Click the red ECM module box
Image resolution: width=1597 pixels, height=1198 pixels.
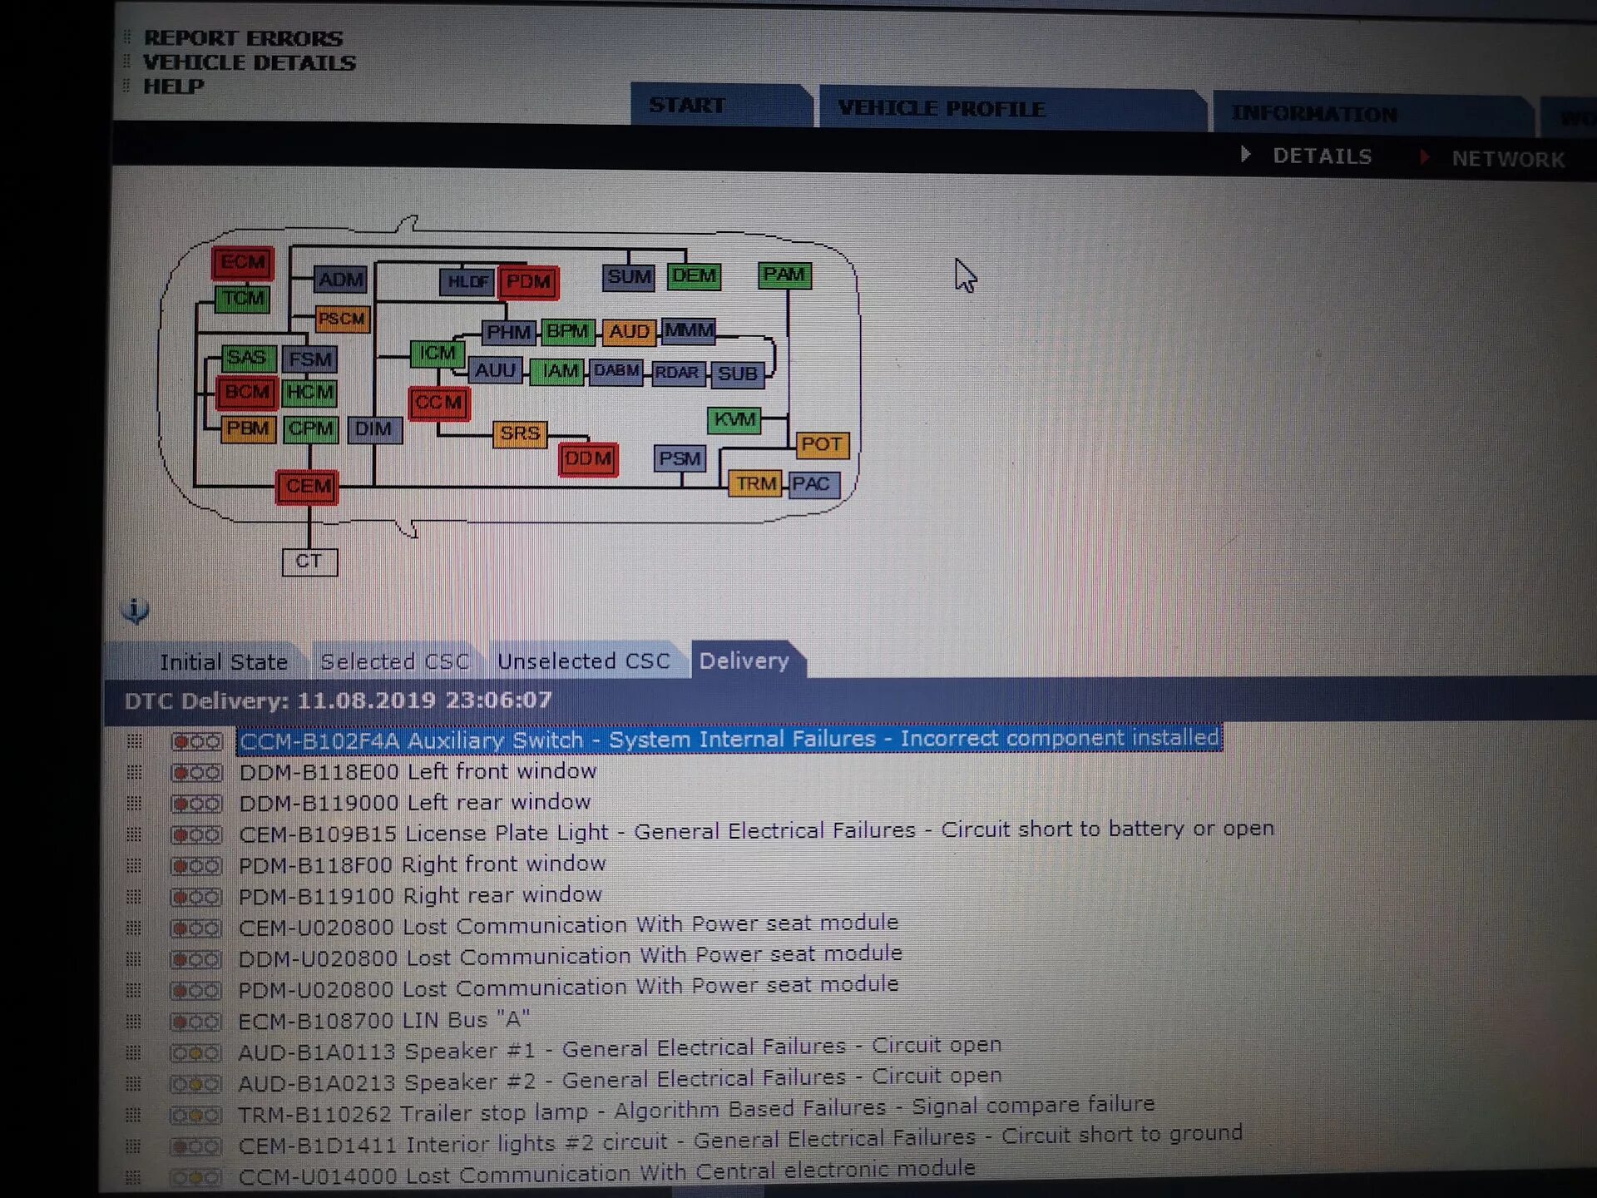pyautogui.click(x=242, y=263)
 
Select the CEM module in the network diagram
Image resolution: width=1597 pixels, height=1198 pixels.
pyautogui.click(x=308, y=487)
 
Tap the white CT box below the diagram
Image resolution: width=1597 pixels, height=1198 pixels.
pyautogui.click(x=309, y=562)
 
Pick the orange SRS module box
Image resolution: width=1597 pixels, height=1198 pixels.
pyautogui.click(x=520, y=433)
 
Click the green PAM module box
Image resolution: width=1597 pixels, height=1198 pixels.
pyautogui.click(x=784, y=275)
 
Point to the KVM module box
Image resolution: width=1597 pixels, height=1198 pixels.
pyautogui.click(x=734, y=420)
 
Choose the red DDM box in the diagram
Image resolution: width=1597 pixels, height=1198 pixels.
pyautogui.click(x=588, y=459)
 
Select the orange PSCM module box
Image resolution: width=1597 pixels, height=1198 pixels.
pyautogui.click(x=342, y=319)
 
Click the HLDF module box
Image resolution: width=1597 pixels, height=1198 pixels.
pyautogui.click(x=467, y=282)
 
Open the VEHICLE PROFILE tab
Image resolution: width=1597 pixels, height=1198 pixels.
pyautogui.click(x=941, y=109)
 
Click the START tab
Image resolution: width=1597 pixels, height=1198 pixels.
pyautogui.click(x=687, y=106)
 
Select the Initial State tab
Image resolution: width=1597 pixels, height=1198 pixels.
pyautogui.click(x=223, y=662)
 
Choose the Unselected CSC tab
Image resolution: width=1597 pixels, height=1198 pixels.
pyautogui.click(x=583, y=661)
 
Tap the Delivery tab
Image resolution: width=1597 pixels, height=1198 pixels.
pyautogui.click(x=744, y=661)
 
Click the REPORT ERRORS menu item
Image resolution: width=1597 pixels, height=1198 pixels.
pyautogui.click(x=243, y=38)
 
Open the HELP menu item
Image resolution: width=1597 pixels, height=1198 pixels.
pyautogui.click(x=173, y=87)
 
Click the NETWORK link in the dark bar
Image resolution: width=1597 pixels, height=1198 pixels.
pyautogui.click(x=1508, y=159)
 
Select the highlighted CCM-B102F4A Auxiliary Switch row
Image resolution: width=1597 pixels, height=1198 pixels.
pyautogui.click(x=729, y=739)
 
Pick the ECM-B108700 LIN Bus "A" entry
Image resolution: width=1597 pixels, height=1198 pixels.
pyautogui.click(x=383, y=1020)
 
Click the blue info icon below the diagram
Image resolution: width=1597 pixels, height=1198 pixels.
pyautogui.click(x=136, y=610)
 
